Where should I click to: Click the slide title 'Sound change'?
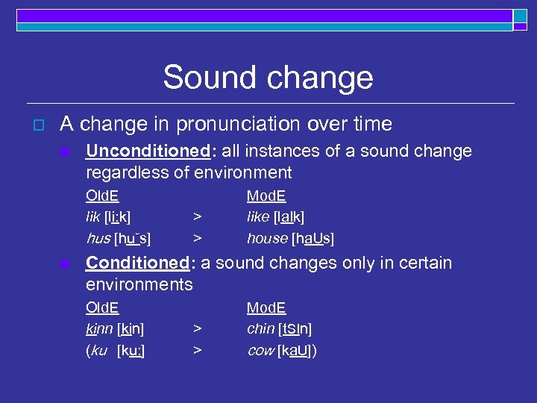pos(268,78)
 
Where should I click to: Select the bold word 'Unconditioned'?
pos(147,151)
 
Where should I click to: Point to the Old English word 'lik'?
pos(92,217)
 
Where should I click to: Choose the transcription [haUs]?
pos(313,239)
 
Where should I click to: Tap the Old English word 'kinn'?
pos(100,329)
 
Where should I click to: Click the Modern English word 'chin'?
pos(260,329)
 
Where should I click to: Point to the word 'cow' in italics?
pos(260,351)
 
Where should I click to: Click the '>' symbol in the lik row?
pos(197,217)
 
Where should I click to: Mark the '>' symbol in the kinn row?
pos(197,329)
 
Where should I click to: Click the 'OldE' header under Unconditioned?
pos(102,196)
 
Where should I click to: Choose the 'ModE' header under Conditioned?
pos(266,308)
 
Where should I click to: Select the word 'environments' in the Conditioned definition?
pos(139,284)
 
